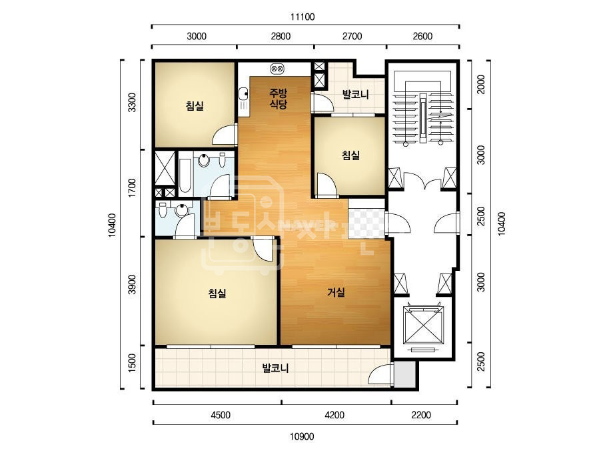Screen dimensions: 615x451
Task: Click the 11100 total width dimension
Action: (x=303, y=17)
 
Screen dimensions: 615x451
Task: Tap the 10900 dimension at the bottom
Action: (x=302, y=436)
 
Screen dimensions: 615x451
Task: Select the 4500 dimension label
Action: (x=221, y=415)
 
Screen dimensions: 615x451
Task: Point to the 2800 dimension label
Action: (x=281, y=37)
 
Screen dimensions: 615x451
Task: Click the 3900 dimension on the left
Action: (x=132, y=284)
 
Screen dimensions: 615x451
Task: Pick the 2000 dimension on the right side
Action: (x=481, y=85)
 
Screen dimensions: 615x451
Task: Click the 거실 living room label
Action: (x=336, y=292)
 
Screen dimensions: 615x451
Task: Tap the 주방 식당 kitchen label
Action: (x=278, y=99)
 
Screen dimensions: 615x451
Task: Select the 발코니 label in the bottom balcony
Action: (x=275, y=368)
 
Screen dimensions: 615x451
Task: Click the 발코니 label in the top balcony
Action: (x=355, y=95)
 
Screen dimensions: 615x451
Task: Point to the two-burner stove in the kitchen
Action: (x=277, y=69)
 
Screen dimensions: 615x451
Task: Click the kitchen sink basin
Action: (x=243, y=94)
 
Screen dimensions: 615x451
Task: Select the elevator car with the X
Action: (x=423, y=324)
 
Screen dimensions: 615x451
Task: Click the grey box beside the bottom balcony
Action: (x=404, y=374)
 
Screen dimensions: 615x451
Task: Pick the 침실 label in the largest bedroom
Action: (x=217, y=293)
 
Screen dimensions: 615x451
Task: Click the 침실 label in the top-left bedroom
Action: (x=195, y=105)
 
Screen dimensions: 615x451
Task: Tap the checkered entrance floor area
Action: (x=366, y=223)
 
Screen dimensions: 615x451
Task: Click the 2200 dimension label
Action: (x=421, y=415)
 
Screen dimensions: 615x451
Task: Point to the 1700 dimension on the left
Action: (x=132, y=187)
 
